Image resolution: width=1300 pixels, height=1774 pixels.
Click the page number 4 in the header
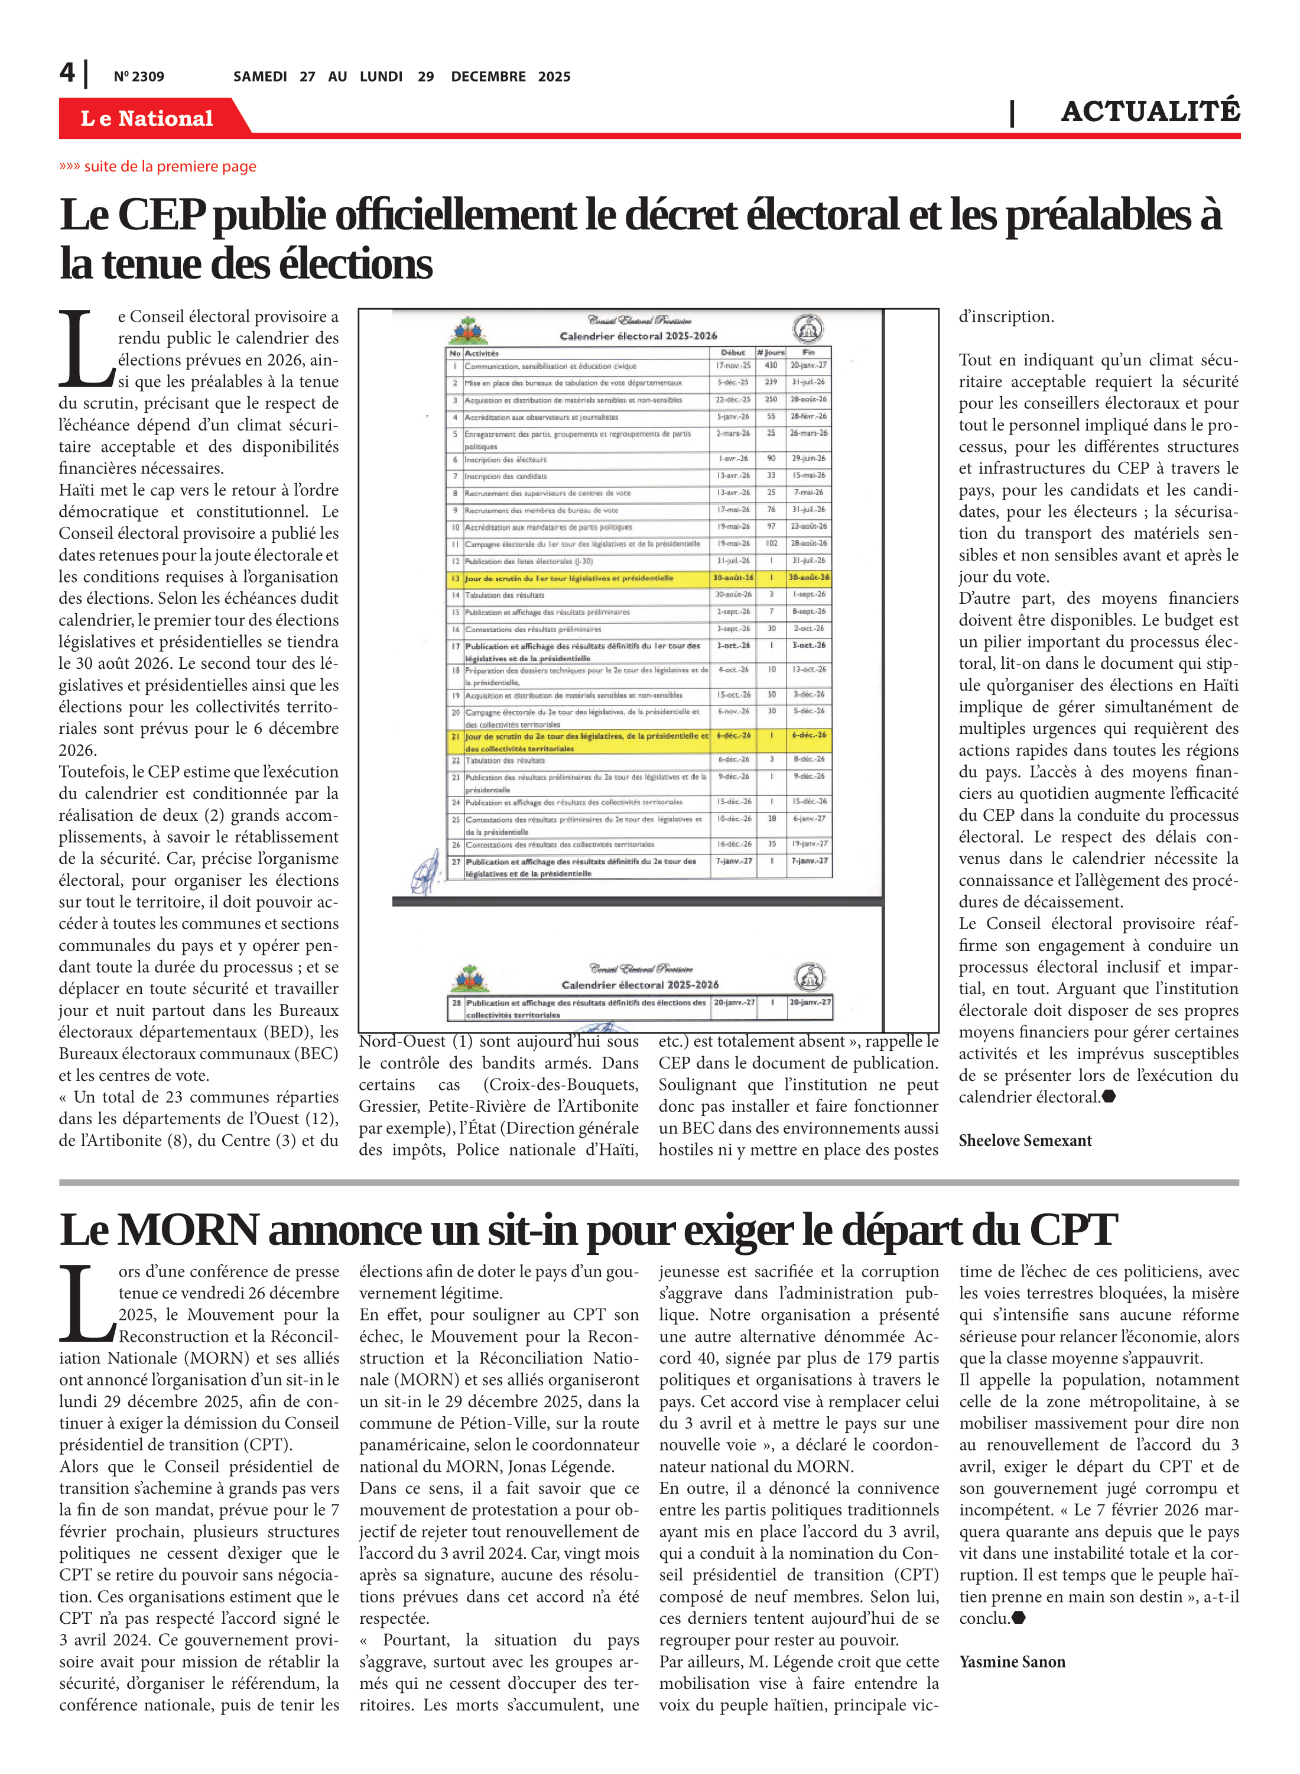coord(68,73)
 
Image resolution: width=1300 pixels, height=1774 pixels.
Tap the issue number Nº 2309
coord(139,76)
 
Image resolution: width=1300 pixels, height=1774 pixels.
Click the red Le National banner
coord(147,118)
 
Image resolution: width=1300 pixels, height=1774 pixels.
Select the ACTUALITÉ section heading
coord(1150,112)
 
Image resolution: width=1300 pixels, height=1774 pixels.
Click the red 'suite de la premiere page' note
coord(158,166)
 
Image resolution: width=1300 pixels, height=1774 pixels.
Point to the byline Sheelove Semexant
coord(1025,1140)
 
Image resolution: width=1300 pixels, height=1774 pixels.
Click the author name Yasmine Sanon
coord(1012,1662)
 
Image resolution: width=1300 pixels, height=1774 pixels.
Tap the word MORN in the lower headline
coord(188,1231)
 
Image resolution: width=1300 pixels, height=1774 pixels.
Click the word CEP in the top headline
coord(161,215)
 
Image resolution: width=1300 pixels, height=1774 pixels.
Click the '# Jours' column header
coord(771,353)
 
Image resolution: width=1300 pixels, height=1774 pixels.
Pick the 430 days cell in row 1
coord(771,365)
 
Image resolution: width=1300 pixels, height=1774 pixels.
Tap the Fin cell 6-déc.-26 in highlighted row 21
coord(809,736)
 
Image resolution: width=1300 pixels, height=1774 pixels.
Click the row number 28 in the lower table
coord(456,1003)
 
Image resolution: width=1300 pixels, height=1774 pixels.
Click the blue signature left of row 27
coord(425,871)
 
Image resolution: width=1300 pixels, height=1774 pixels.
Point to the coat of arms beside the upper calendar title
coord(469,331)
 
